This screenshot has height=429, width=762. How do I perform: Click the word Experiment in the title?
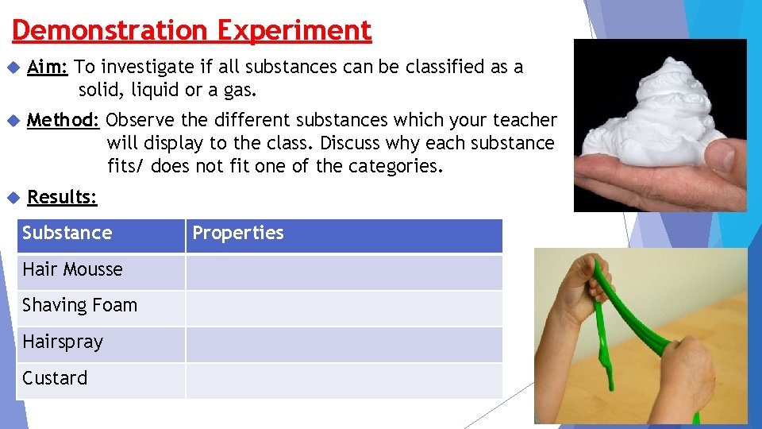tap(294, 30)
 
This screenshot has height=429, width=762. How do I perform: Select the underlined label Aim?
tap(47, 67)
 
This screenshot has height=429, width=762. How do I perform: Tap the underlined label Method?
tap(63, 120)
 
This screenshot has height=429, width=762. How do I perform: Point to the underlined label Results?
tap(62, 197)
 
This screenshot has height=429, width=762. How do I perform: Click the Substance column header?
tap(67, 233)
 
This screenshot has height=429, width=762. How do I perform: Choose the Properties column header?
tap(238, 233)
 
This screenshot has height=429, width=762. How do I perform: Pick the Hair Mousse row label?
tap(72, 269)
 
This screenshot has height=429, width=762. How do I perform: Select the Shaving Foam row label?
tap(79, 305)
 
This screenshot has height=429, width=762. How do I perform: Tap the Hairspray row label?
tap(63, 342)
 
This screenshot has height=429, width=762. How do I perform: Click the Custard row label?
tap(55, 378)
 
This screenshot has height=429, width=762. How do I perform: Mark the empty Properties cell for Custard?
tap(344, 381)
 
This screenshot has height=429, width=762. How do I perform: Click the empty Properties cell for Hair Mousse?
tap(344, 272)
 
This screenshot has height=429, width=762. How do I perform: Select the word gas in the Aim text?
tap(240, 90)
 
